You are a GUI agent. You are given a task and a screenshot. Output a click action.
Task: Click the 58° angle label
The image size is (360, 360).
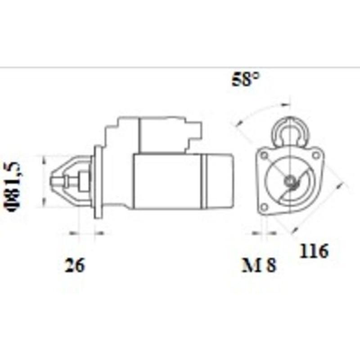[246, 80]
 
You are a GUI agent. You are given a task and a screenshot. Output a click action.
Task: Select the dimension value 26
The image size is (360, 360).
[74, 265]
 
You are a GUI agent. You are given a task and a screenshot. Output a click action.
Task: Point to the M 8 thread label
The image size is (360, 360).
[259, 265]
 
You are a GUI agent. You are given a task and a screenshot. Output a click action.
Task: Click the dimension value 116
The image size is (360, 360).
[315, 251]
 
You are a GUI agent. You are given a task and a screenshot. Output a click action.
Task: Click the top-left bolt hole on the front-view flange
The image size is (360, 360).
[264, 155]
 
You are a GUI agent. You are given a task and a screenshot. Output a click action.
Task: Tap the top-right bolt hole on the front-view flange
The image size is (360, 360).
[316, 155]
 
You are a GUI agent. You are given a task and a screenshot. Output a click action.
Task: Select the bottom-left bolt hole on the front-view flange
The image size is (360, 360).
[264, 207]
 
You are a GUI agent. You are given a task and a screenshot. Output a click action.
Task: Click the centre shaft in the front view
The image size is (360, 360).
[290, 181]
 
